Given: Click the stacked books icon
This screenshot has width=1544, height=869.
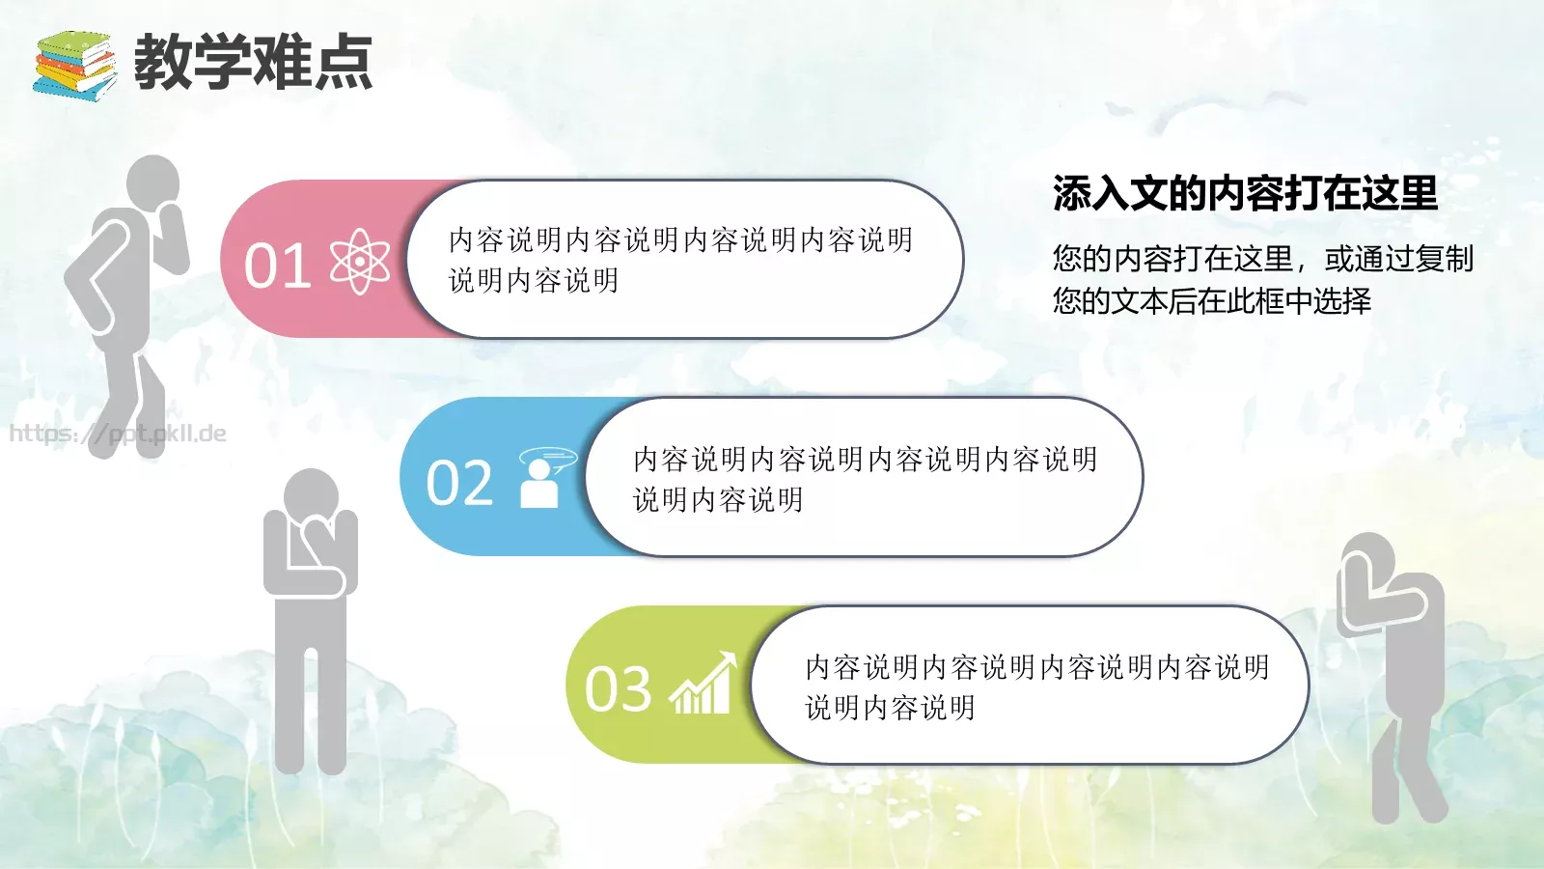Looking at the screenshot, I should click(x=74, y=65).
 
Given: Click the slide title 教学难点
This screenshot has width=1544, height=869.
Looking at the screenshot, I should click(x=253, y=63).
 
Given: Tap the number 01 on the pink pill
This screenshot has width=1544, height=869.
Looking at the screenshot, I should click(x=277, y=266).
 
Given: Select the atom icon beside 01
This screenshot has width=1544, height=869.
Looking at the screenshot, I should click(x=360, y=262).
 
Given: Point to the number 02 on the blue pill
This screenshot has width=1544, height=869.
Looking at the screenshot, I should click(x=459, y=483).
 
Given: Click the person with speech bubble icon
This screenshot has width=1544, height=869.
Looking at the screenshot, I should click(x=544, y=478).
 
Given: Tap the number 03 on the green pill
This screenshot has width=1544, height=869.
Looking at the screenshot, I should click(x=619, y=689).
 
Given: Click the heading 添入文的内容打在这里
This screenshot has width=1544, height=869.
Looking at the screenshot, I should click(x=1245, y=193).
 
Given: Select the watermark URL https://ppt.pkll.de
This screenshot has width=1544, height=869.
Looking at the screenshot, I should click(x=118, y=434).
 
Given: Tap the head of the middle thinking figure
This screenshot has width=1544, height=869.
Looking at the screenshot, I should click(x=311, y=497).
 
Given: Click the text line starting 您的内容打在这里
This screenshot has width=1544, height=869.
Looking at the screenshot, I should click(x=1262, y=259).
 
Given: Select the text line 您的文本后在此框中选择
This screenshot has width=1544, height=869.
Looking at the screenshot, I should click(x=1211, y=301).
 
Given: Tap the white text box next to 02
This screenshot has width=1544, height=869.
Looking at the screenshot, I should click(x=864, y=478).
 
